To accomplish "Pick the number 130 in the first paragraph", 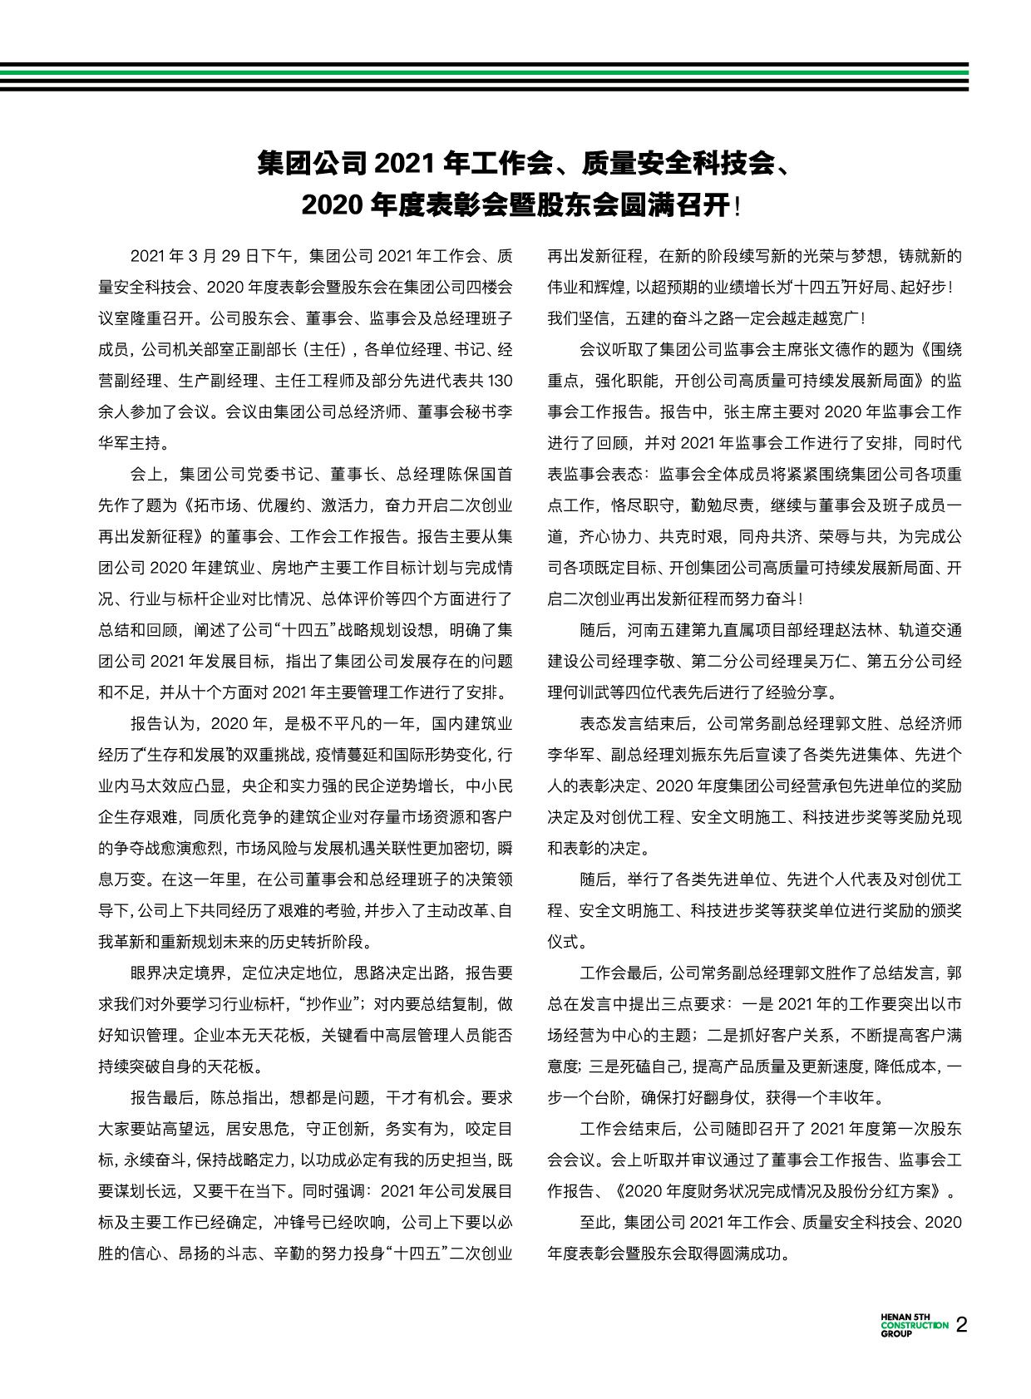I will [499, 381].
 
